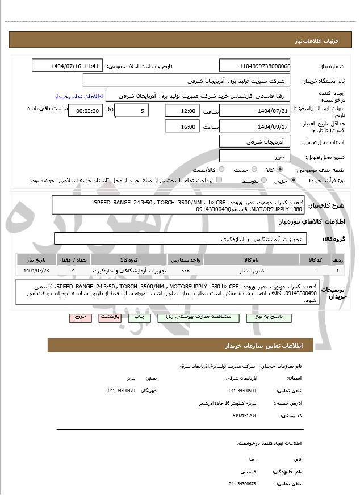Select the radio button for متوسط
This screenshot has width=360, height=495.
(262, 181)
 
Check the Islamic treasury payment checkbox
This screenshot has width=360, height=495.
(220, 180)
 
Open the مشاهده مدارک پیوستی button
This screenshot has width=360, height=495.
(196, 317)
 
